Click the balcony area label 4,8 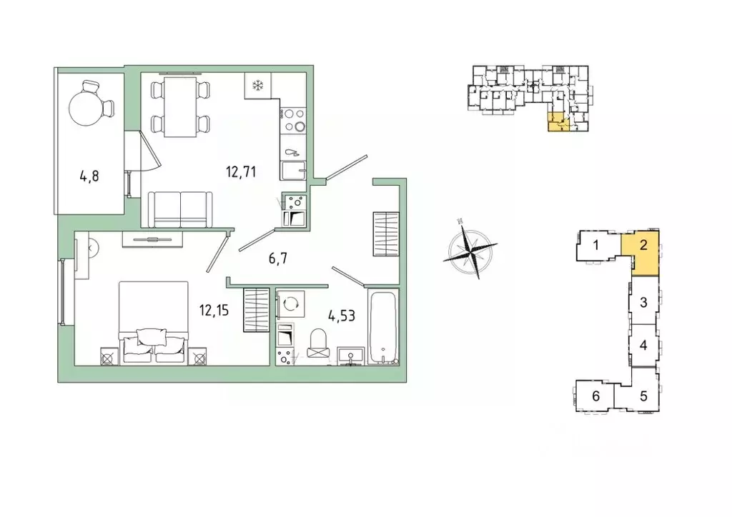[x=89, y=176]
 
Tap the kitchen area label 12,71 [x=241, y=172]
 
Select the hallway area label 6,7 [x=277, y=258]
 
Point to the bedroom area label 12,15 [x=214, y=310]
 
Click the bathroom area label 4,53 [x=341, y=316]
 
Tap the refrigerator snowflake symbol [x=257, y=85]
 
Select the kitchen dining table [x=179, y=107]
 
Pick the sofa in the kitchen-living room [x=180, y=209]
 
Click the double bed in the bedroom [x=154, y=322]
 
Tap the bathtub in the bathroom [x=383, y=326]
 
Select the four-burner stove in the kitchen [x=294, y=120]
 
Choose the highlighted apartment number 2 [x=643, y=245]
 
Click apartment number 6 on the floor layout [x=595, y=396]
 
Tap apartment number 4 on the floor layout [x=643, y=346]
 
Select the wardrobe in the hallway [x=386, y=234]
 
